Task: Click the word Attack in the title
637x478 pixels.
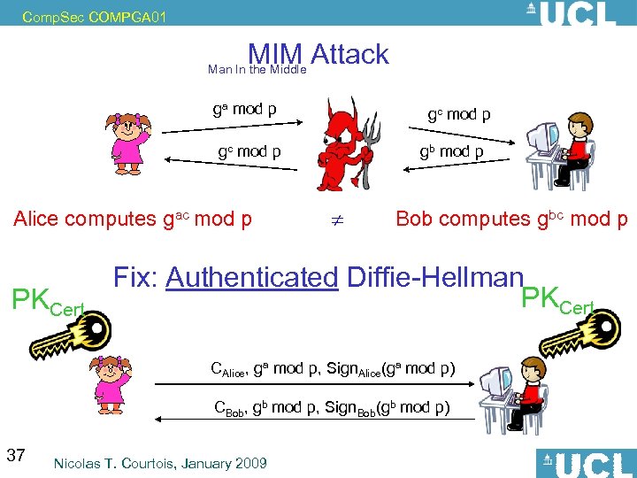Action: point(350,55)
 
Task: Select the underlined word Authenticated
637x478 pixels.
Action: point(252,278)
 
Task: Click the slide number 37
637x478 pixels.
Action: point(15,455)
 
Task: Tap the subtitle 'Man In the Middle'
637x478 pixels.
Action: point(257,69)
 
